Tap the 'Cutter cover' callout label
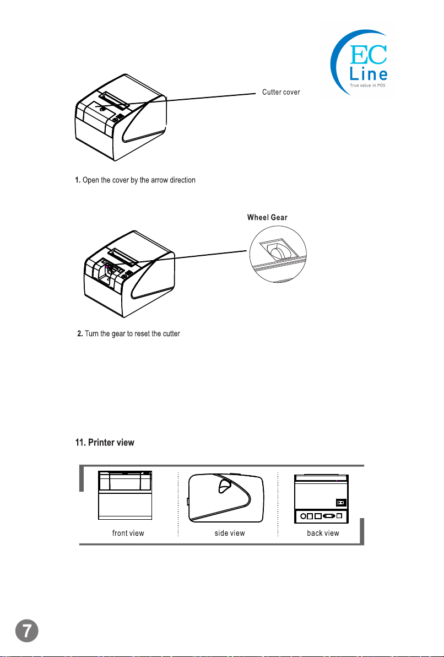tap(281, 92)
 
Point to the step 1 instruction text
tap(135, 180)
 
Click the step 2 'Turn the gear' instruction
tap(129, 335)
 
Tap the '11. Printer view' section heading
tap(105, 443)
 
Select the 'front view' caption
tap(128, 533)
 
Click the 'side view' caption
tap(230, 533)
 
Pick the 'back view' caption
tap(323, 533)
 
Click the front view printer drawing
tap(124, 495)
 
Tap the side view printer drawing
tap(226, 497)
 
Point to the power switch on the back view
tap(340, 503)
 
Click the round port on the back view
tap(302, 516)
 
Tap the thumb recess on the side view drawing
tap(225, 486)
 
